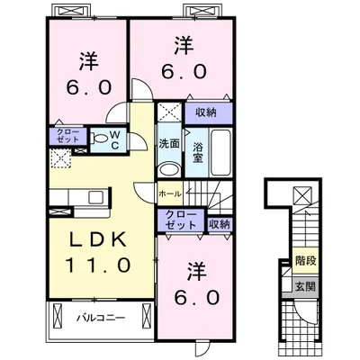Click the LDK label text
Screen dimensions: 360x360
pyautogui.click(x=97, y=239)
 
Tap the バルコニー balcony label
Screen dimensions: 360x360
pyautogui.click(x=100, y=318)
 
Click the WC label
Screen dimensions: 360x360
pyautogui.click(x=115, y=140)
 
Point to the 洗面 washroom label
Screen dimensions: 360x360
pyautogui.click(x=169, y=144)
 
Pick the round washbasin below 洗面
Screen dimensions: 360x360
pyautogui.click(x=169, y=169)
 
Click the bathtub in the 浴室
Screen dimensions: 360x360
pyautogui.click(x=221, y=153)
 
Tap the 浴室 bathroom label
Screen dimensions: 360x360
pyautogui.click(x=198, y=153)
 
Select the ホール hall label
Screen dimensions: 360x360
pyautogui.click(x=170, y=194)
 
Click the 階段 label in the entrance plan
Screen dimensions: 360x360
pyautogui.click(x=306, y=261)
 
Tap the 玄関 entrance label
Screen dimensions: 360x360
pyautogui.click(x=306, y=287)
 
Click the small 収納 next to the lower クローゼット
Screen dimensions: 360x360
pyautogui.click(x=220, y=224)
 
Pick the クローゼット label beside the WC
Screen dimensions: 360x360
pyautogui.click(x=68, y=136)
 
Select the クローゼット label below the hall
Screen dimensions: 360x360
pyautogui.click(x=181, y=220)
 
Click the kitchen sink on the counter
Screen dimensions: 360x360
pyautogui.click(x=96, y=197)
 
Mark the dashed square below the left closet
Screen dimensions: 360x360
pyautogui.click(x=61, y=157)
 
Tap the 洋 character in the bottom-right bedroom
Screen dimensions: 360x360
pyautogui.click(x=197, y=272)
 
